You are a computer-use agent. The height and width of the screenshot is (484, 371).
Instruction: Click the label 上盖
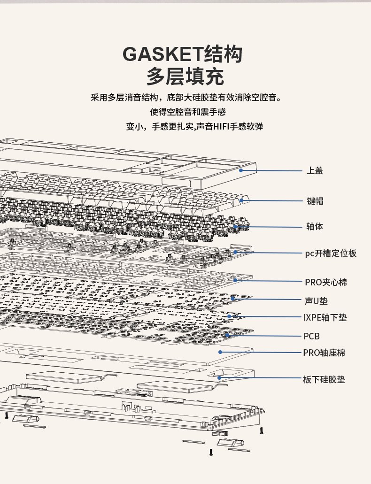[315, 171]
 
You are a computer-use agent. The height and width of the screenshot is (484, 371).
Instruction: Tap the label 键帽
[315, 201]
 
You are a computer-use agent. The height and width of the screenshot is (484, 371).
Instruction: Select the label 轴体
[315, 227]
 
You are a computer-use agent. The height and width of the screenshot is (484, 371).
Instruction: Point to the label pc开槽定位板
[331, 253]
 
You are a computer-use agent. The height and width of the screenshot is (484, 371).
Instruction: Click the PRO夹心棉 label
[326, 282]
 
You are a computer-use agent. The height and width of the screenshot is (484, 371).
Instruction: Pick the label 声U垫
[316, 300]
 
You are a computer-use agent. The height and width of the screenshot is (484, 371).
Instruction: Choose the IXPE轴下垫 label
[325, 318]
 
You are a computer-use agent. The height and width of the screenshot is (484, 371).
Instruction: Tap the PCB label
[311, 336]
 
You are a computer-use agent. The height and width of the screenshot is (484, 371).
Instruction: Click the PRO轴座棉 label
[324, 353]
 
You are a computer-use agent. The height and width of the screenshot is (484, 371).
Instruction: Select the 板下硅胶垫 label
[324, 379]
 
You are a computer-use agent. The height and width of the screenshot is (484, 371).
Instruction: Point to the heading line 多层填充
[185, 77]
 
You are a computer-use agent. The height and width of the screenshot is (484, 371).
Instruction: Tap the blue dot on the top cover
[240, 170]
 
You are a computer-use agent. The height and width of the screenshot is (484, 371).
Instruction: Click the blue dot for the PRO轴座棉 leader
[220, 352]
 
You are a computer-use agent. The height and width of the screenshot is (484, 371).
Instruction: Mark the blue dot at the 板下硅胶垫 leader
[219, 377]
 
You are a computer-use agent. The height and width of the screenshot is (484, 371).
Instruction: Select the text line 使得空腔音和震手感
[188, 112]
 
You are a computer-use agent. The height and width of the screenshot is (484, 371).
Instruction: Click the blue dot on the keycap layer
[241, 200]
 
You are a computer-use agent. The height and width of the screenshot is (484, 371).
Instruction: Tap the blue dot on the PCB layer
[227, 335]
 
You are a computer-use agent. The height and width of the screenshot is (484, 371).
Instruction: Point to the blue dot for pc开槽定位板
[235, 252]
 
